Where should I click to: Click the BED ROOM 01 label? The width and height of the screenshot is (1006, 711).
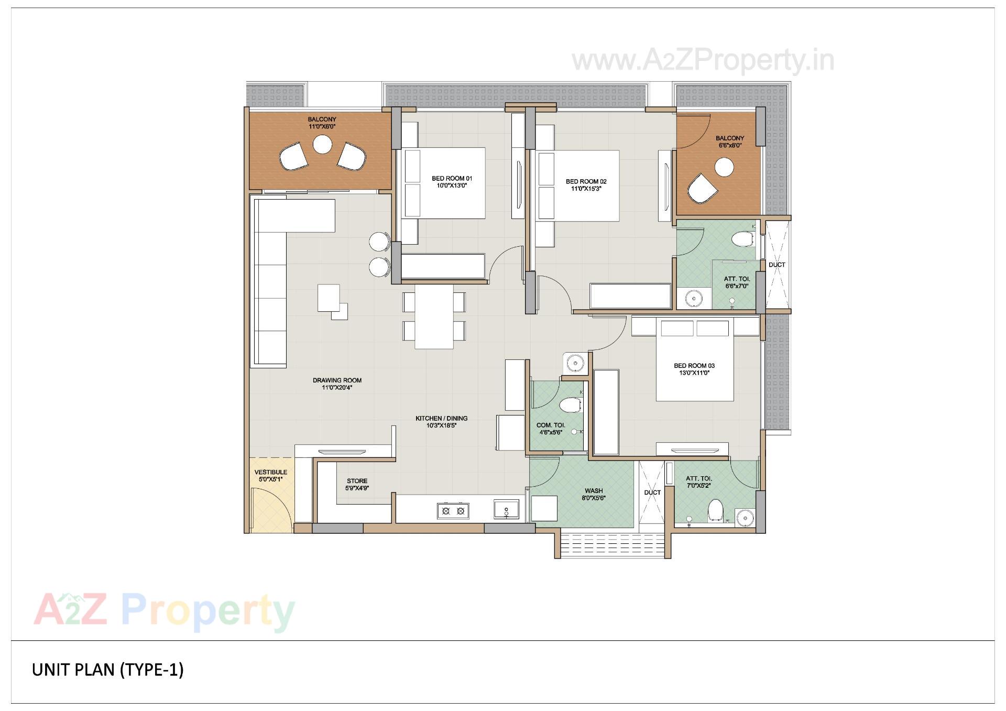452,179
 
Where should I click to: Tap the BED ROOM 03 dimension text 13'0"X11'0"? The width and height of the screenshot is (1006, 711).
694,373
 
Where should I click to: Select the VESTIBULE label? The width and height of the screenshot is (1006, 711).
271,472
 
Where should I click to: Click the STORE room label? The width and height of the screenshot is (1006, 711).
357,481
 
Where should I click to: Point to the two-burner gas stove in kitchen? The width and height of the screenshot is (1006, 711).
453,511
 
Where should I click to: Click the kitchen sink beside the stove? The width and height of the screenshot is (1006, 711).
506,509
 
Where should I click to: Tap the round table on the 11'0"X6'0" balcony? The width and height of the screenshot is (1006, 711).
322,145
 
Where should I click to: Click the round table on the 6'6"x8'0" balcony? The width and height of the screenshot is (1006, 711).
725,168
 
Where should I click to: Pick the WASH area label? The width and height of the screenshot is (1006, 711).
594,491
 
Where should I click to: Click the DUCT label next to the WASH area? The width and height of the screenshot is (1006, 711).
652,493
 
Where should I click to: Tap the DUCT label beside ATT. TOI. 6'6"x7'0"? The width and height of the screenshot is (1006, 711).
777,265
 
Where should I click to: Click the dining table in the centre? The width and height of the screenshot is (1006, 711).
434,316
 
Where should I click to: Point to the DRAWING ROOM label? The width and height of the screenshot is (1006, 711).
337,380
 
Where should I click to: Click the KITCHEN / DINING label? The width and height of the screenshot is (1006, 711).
441,418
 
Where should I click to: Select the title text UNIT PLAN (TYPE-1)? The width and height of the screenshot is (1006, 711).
108,670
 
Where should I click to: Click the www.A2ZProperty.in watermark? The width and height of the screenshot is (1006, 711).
702,61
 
